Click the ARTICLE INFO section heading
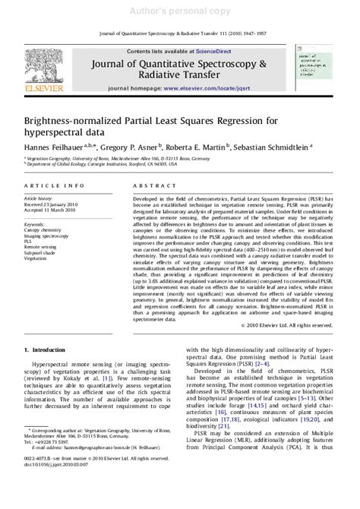tap(53, 185)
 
